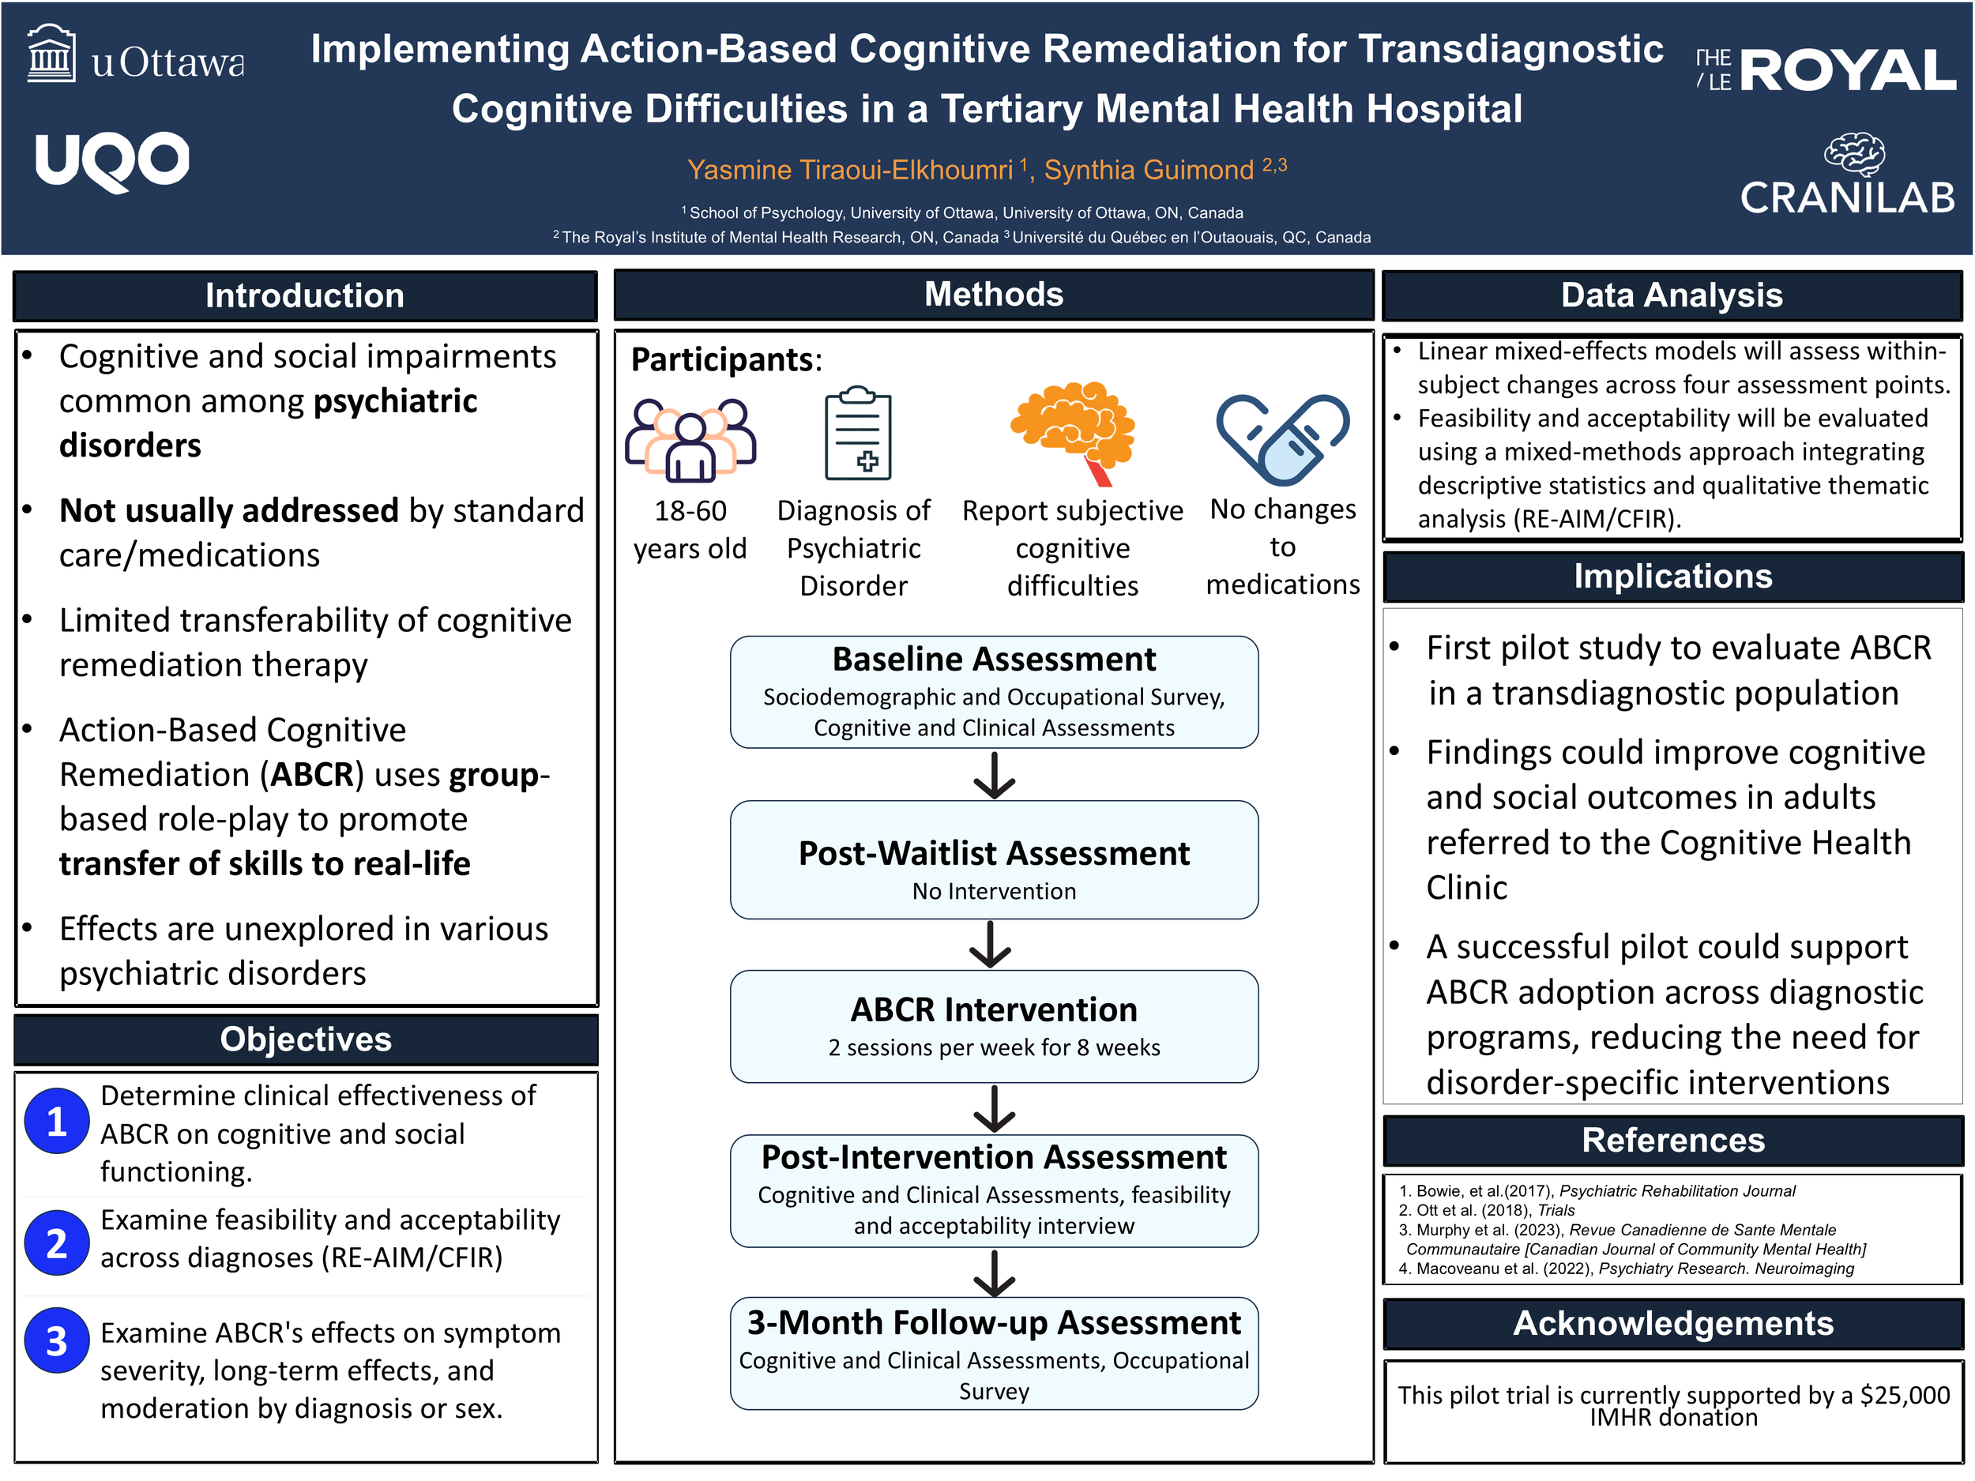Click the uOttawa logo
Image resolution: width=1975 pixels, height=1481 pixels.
pyautogui.click(x=136, y=55)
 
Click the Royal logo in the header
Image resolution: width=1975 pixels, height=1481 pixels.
pyautogui.click(x=1826, y=70)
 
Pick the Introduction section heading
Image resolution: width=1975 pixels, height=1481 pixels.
pyautogui.click(x=306, y=295)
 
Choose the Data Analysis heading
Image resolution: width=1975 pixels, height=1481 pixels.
pyautogui.click(x=1672, y=295)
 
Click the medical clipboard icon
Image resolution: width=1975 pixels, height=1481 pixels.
pyautogui.click(x=857, y=434)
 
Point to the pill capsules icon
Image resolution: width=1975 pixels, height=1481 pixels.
pyautogui.click(x=1283, y=438)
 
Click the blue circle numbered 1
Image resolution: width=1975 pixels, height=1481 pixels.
pyautogui.click(x=56, y=1122)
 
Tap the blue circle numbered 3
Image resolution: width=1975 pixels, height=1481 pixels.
pyautogui.click(x=56, y=1341)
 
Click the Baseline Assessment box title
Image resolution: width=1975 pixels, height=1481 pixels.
pyautogui.click(x=994, y=659)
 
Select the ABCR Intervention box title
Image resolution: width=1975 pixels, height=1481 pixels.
pyautogui.click(x=994, y=1009)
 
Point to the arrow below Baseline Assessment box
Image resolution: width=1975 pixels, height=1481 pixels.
pyautogui.click(x=994, y=775)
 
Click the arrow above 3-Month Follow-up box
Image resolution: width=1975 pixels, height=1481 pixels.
pyautogui.click(x=994, y=1273)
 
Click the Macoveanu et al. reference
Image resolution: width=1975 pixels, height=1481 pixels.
pyautogui.click(x=1626, y=1269)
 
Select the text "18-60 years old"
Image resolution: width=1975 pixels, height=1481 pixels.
pyautogui.click(x=690, y=529)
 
